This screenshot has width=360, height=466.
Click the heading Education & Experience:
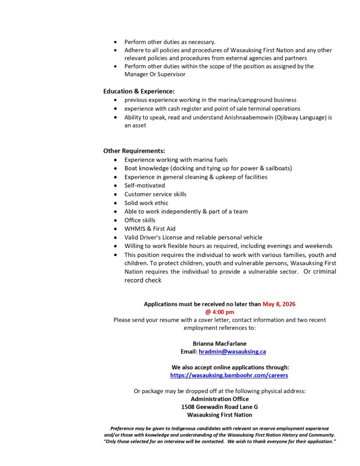(139, 91)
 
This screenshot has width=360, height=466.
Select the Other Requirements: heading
(134, 151)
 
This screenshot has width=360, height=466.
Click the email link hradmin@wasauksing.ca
(232, 352)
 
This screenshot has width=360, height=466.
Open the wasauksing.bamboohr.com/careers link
(229, 375)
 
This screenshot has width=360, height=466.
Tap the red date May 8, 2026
(279, 304)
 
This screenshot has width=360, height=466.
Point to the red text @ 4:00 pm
(219, 312)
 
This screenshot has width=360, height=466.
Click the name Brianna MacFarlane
(220, 344)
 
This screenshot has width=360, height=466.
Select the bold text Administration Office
(220, 399)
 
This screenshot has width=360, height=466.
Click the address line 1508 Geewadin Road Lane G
(219, 407)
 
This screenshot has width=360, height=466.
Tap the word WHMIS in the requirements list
(134, 229)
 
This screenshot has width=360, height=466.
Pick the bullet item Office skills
(140, 220)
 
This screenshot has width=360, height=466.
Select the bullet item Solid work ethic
(146, 203)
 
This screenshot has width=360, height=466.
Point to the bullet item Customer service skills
(155, 194)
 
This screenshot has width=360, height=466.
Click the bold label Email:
(189, 352)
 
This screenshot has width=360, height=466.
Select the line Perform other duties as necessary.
(170, 42)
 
